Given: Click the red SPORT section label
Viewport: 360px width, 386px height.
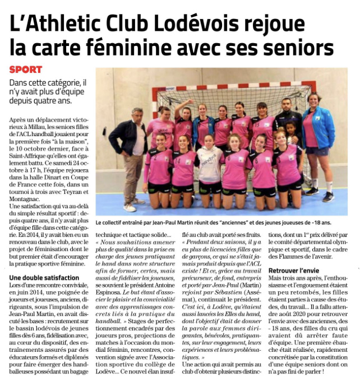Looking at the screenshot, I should pos(26,70).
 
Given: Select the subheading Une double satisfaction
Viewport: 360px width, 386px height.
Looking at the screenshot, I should pos(44,277).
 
